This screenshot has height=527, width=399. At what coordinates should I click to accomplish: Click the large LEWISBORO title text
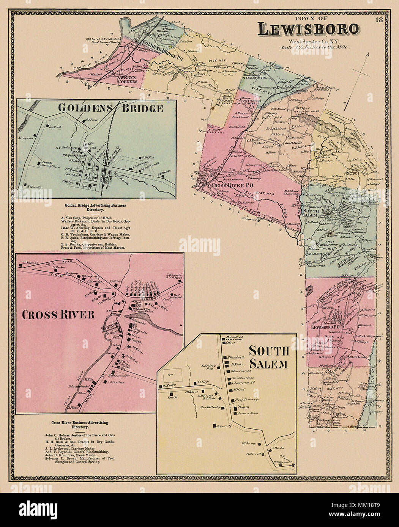pyautogui.click(x=308, y=29)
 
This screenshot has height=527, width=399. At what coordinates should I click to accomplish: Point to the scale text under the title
pyautogui.click(x=315, y=48)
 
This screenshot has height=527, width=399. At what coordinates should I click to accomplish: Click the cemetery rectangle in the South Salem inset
pyautogui.click(x=173, y=374)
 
